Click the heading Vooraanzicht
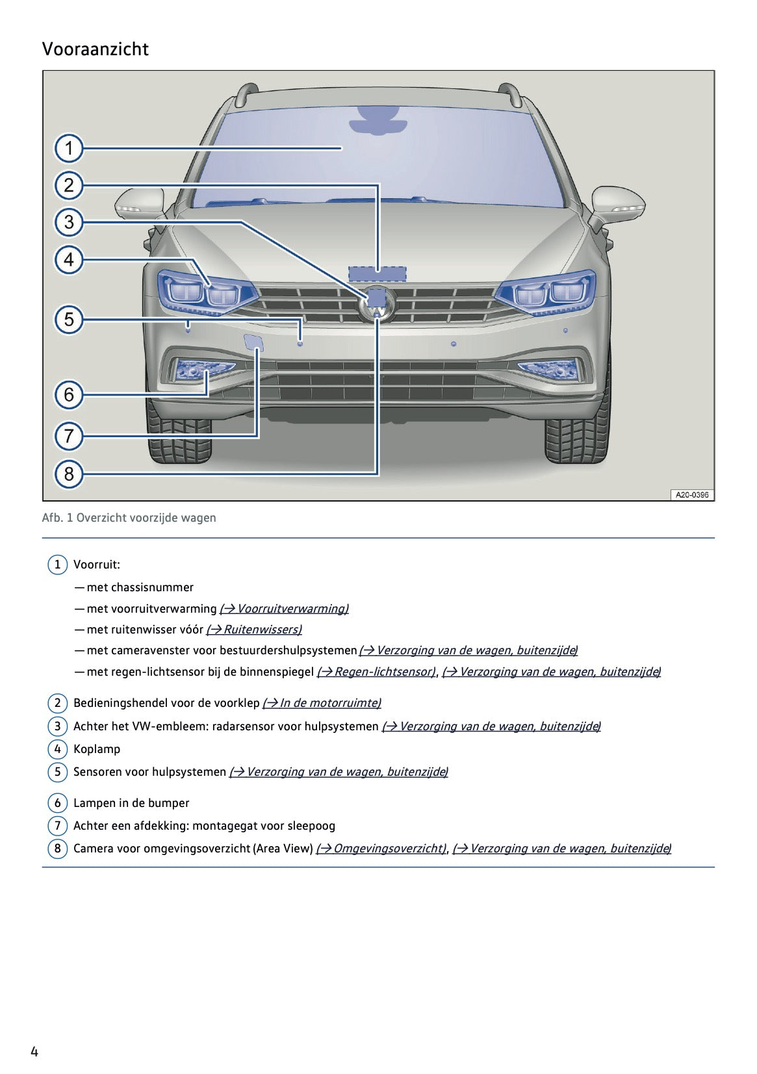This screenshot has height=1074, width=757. point(96,49)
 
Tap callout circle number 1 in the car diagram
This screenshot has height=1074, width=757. point(69,148)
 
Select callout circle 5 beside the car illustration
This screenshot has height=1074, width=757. point(69,320)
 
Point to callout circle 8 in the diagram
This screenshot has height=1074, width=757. point(69,474)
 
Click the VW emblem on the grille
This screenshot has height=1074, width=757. point(377,304)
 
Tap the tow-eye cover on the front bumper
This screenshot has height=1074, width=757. point(252,342)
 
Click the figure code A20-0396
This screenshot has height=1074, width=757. point(691,495)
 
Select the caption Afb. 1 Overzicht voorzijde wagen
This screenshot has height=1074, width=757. point(129,518)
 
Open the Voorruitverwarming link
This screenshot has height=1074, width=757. point(284,609)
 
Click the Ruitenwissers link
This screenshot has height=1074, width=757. point(254,630)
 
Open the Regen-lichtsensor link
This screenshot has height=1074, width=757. point(376,672)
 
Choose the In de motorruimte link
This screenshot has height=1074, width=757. point(322,703)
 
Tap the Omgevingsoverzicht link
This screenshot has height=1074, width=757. point(381,849)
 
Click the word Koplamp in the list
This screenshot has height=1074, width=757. point(97,749)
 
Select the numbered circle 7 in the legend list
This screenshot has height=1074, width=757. point(57,826)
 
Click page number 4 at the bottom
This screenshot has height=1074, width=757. point(34,1052)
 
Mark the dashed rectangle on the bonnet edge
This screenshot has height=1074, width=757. point(378,274)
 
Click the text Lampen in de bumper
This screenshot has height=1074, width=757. point(131,803)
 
